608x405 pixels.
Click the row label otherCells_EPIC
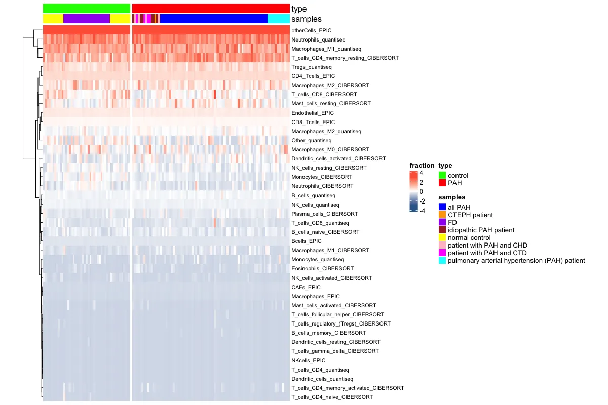(x=311, y=30)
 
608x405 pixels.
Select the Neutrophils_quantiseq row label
(x=319, y=39)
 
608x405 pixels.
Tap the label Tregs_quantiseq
(x=312, y=67)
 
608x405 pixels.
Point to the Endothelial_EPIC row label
(x=313, y=113)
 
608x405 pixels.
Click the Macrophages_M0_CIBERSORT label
(x=330, y=150)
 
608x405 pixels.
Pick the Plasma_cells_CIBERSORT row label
(x=325, y=214)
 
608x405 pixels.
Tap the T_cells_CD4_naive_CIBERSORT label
(x=332, y=397)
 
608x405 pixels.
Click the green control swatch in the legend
(x=442, y=175)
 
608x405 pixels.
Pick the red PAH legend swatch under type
(x=442, y=183)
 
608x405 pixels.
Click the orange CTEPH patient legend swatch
(x=442, y=215)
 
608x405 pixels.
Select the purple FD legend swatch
(x=442, y=222)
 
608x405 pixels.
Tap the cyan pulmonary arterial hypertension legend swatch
(x=442, y=260)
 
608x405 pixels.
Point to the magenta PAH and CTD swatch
(x=442, y=253)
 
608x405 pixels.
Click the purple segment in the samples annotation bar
(x=86, y=19)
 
